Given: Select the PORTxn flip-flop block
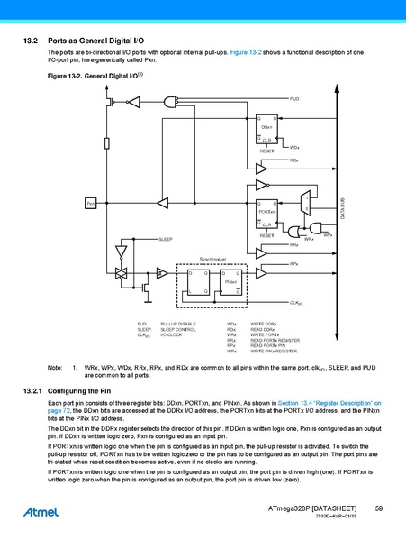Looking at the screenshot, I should tap(266, 211).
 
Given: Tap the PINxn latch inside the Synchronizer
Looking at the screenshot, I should tap(230, 282).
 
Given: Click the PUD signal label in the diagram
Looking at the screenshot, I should tap(294, 96).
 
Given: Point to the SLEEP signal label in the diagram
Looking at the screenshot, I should tap(166, 239).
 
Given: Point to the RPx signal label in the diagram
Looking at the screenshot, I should tap(294, 263).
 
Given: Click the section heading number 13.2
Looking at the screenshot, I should tap(27, 41).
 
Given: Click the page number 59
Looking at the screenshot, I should tap(379, 510).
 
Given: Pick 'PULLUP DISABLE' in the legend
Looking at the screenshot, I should tap(176, 322).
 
